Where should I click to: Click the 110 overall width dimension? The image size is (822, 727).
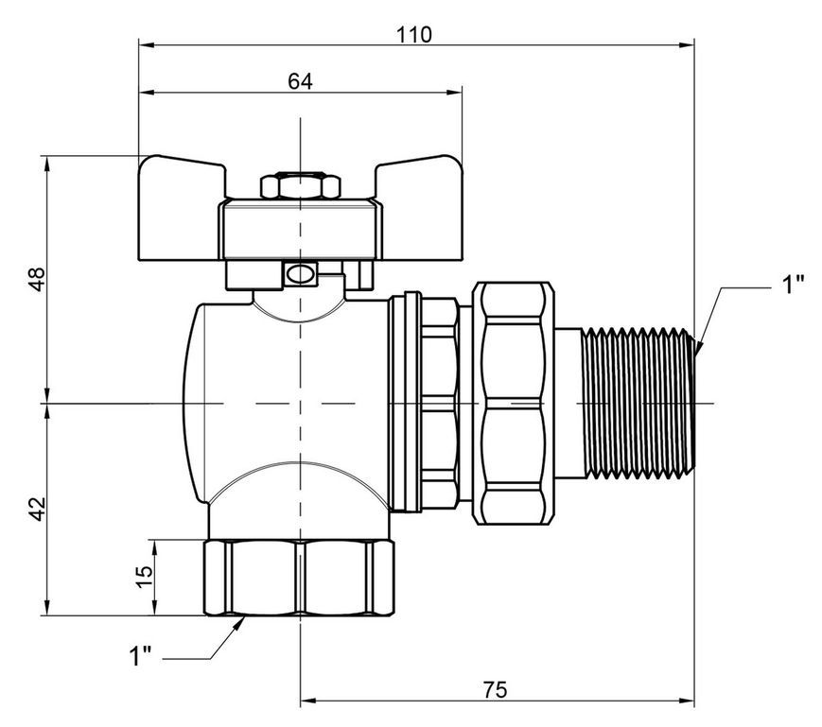[413, 35]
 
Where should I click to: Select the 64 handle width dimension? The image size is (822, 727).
[300, 81]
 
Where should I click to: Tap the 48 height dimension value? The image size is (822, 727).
[37, 279]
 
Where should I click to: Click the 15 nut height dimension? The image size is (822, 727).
[144, 577]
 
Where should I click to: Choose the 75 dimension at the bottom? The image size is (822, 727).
[495, 690]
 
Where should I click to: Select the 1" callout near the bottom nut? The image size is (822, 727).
[140, 656]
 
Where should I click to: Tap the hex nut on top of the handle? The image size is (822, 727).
[301, 185]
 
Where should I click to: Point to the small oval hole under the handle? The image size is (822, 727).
[301, 273]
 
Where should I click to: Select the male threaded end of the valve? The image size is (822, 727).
[638, 403]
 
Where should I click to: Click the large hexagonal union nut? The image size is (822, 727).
[514, 403]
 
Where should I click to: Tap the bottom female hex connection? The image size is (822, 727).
[299, 578]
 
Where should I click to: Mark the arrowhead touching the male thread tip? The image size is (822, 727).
[699, 347]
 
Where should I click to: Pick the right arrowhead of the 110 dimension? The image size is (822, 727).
[686, 45]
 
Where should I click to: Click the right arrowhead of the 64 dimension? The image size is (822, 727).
[454, 93]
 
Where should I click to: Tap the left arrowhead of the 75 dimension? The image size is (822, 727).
[308, 701]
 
